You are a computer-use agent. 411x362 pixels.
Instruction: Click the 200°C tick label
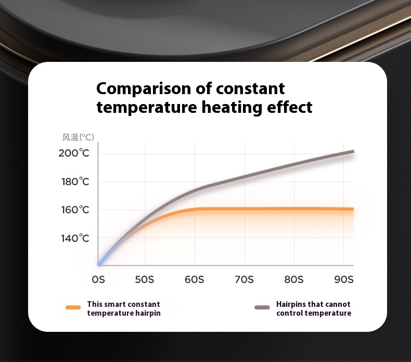click(x=74, y=153)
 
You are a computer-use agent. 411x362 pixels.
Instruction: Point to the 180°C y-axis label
click(x=75, y=182)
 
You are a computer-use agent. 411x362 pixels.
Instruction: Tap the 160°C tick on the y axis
click(x=75, y=210)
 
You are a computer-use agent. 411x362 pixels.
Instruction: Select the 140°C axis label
click(x=75, y=238)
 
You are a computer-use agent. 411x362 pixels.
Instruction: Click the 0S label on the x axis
click(x=98, y=280)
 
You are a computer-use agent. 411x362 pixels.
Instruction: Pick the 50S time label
click(x=145, y=280)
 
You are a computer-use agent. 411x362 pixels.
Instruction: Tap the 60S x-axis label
click(x=194, y=280)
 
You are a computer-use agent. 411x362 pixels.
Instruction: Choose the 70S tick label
click(x=244, y=280)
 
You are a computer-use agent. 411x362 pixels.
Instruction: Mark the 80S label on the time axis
click(x=294, y=280)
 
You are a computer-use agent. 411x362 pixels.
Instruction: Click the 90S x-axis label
click(x=344, y=280)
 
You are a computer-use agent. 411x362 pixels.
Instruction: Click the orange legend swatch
click(x=73, y=307)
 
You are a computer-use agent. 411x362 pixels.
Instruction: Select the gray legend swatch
click(x=262, y=307)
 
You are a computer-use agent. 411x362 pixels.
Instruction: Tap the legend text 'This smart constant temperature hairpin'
click(x=124, y=308)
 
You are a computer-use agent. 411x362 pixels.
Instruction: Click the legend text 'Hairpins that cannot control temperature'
click(x=314, y=308)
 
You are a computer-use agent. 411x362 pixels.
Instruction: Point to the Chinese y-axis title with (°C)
click(x=78, y=137)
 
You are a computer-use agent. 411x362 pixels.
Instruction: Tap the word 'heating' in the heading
click(x=232, y=108)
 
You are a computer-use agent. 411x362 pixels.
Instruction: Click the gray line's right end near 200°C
click(x=354, y=151)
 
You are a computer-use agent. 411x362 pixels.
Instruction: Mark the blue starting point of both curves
click(x=99, y=264)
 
